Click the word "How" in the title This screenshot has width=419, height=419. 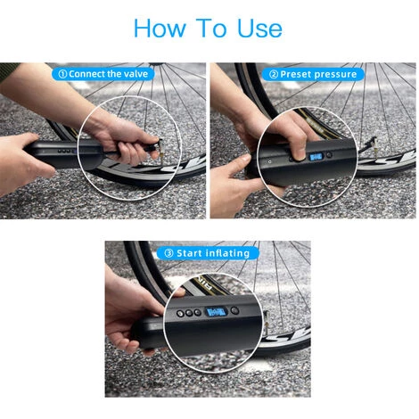tap(160, 29)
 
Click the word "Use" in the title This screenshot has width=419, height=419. tap(259, 29)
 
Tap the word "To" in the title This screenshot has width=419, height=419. tap(211, 29)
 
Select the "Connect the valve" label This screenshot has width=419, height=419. tap(108, 74)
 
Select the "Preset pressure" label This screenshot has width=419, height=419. tap(318, 74)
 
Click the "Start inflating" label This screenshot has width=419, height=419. tap(213, 253)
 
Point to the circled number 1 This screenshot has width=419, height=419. tap(62, 74)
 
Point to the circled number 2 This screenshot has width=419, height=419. tap(274, 74)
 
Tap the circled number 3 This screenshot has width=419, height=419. tap(168, 253)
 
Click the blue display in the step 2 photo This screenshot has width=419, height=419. tap(316, 157)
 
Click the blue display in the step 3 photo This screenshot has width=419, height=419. tap(217, 312)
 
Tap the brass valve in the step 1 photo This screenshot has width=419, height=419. tap(161, 152)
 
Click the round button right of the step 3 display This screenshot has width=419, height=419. tap(234, 311)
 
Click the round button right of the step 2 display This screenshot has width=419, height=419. tap(329, 155)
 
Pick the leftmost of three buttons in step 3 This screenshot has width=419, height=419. tap(180, 313)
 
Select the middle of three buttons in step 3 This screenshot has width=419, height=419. tap(189, 313)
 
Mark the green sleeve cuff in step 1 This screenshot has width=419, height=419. tap(6, 70)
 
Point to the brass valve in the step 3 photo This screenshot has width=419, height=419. tap(267, 322)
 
